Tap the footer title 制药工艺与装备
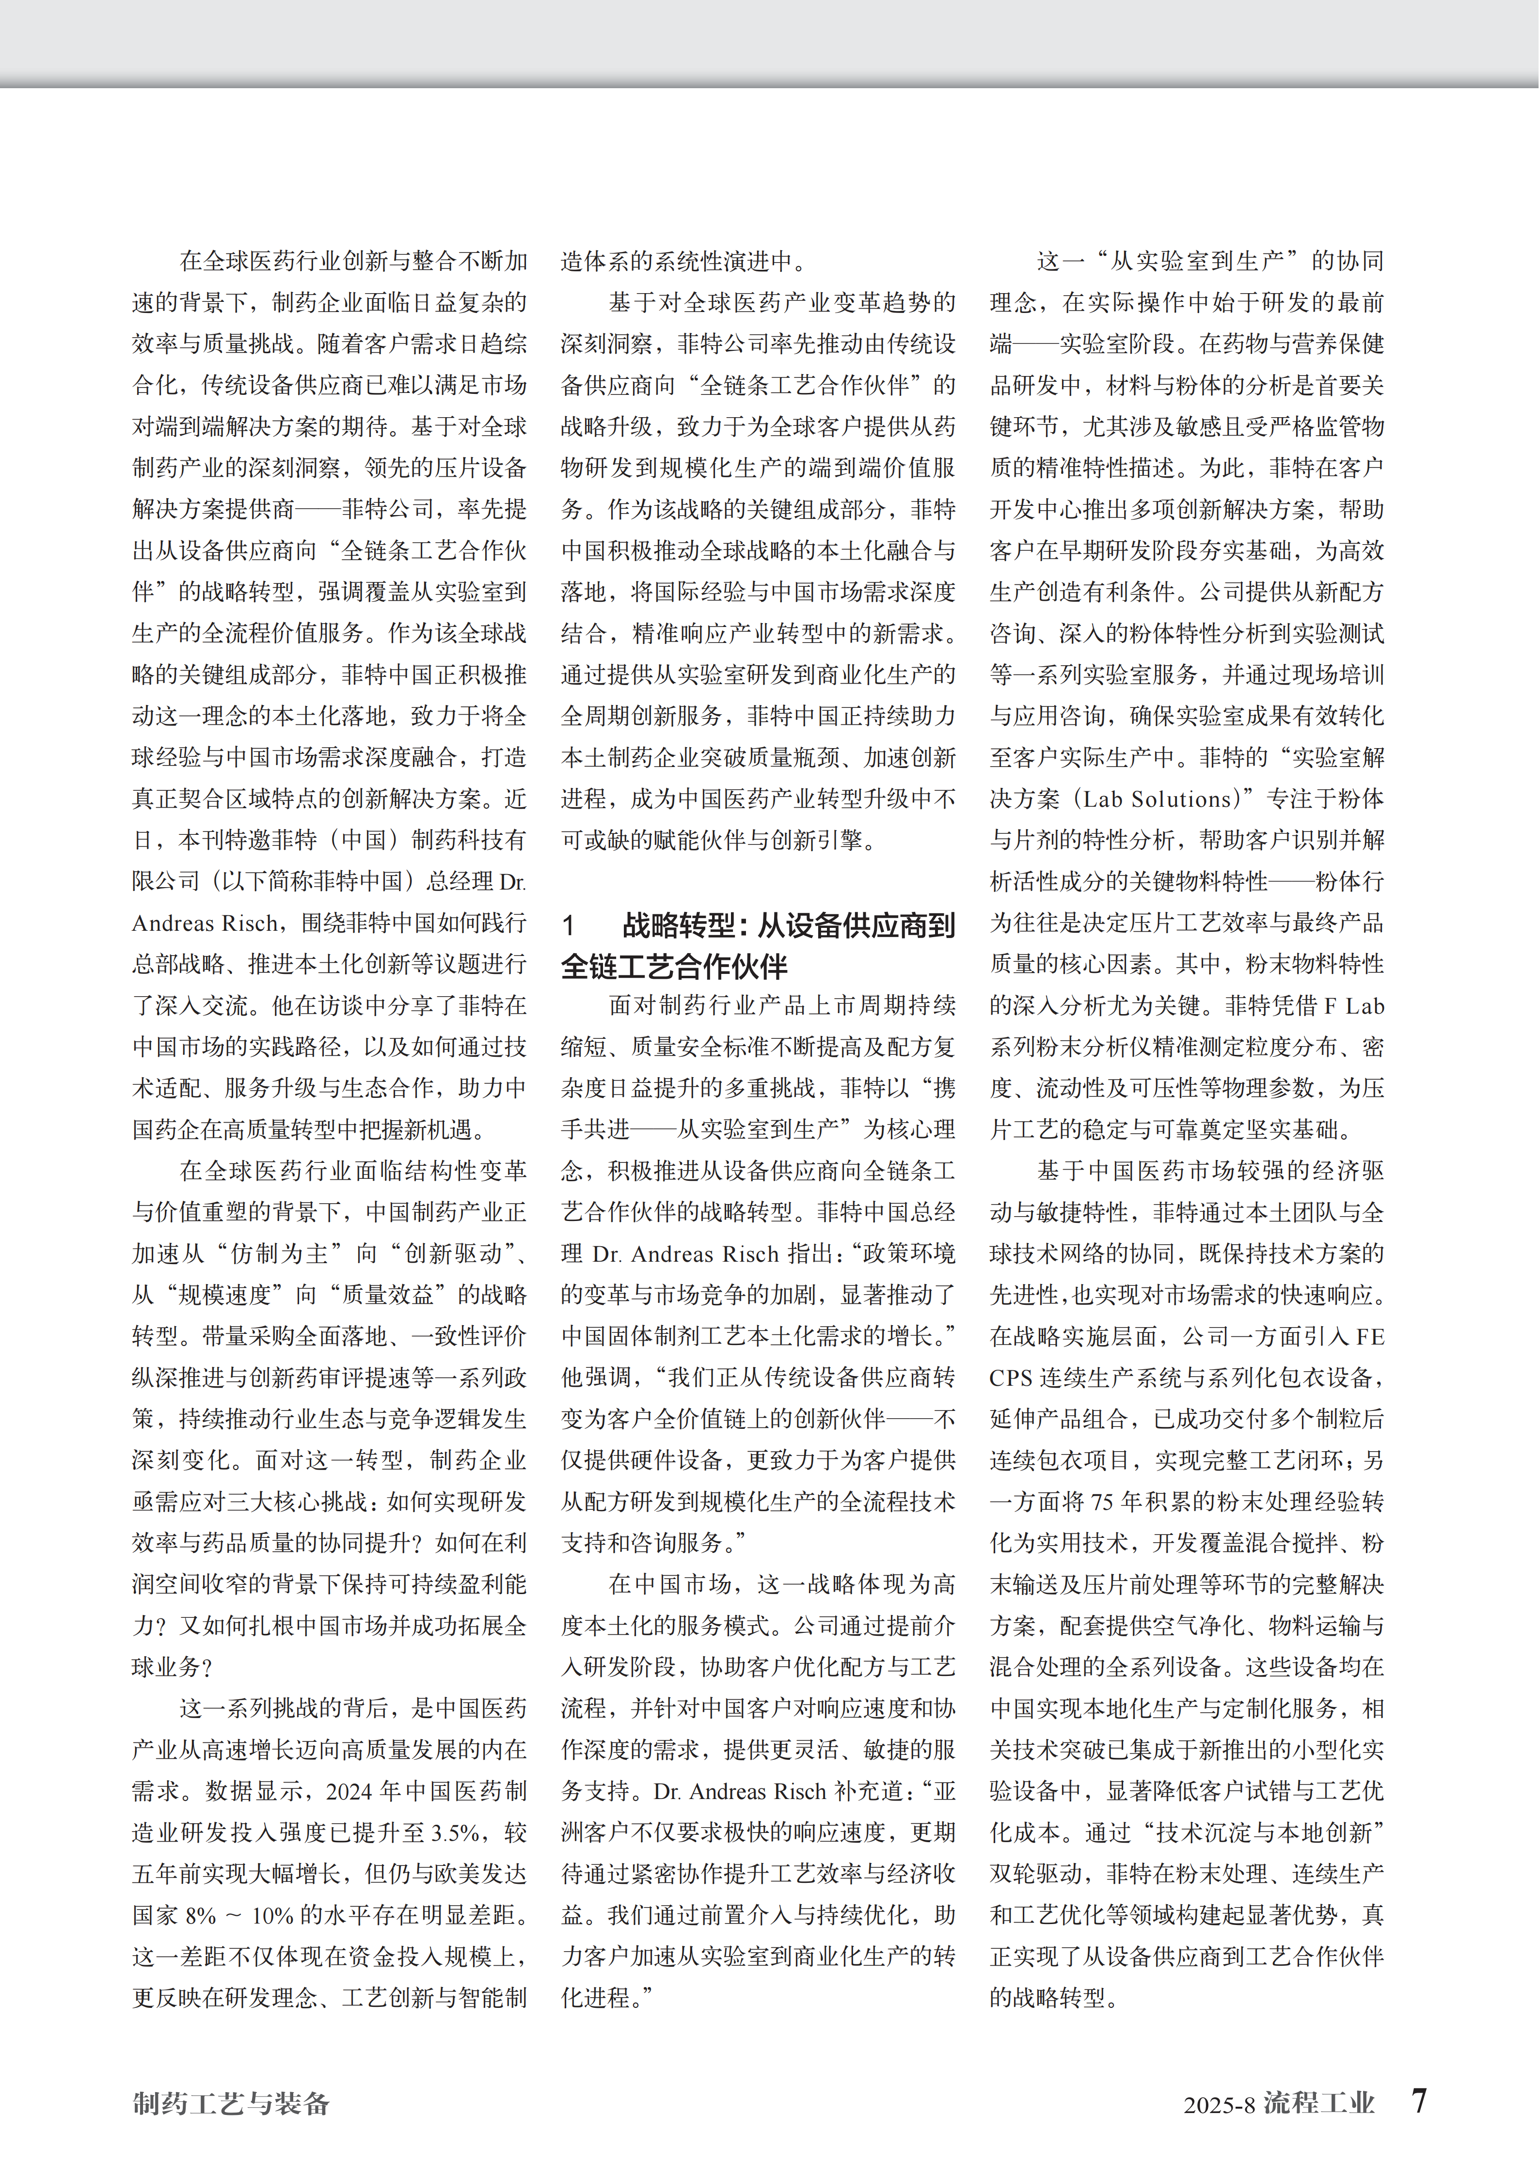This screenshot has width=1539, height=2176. coord(231,2103)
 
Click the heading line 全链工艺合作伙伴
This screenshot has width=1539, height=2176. coord(674,967)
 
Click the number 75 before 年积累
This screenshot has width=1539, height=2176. coord(1103,1502)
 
